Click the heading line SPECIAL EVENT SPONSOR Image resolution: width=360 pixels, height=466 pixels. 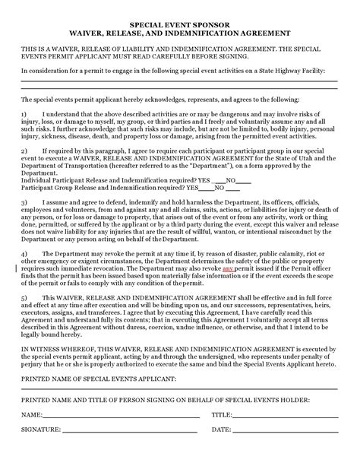[x=179, y=24]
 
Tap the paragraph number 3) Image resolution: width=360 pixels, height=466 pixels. [x=24, y=203]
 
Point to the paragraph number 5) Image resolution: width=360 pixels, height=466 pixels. [x=24, y=298]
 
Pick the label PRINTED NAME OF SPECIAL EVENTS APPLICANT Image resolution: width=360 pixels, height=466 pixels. [x=99, y=378]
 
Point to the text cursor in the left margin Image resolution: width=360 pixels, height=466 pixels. [x=18, y=268]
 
